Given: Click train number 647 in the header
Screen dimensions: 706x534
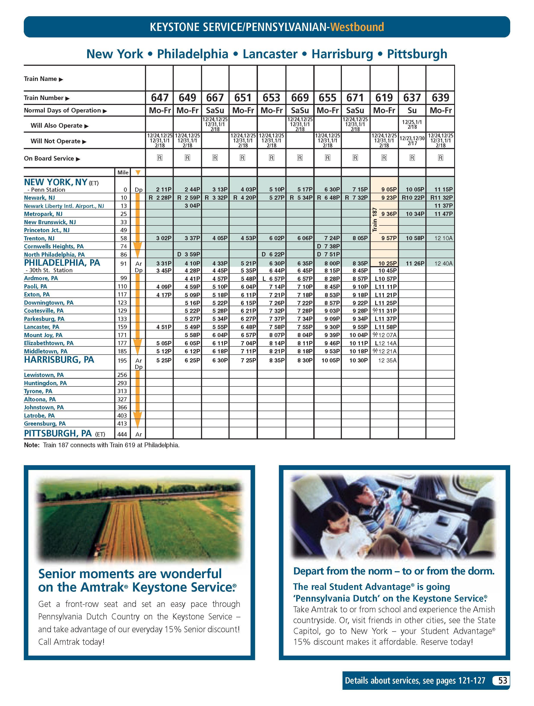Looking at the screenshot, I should click(x=160, y=97).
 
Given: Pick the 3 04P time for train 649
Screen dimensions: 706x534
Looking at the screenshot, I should click(x=193, y=206).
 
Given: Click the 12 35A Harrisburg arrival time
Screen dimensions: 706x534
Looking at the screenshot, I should click(x=387, y=360).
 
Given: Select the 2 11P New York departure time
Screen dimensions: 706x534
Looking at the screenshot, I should click(x=164, y=189).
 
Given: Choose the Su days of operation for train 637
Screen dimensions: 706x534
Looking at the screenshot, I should click(x=412, y=110).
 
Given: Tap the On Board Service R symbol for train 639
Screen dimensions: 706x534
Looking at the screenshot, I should click(x=441, y=158).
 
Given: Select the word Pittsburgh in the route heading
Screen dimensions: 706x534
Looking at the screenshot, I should click(x=417, y=54).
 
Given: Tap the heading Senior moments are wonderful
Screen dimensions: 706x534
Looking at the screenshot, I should click(x=130, y=574).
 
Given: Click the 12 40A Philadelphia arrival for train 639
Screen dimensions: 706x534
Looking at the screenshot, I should click(x=443, y=263).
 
